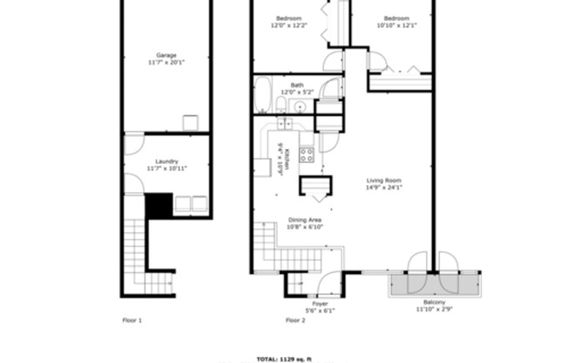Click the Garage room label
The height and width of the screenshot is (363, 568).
[166, 55]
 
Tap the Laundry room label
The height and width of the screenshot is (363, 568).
[166, 161]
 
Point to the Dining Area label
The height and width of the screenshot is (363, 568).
[305, 220]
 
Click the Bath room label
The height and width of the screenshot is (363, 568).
[297, 85]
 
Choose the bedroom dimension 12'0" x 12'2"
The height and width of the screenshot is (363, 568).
[289, 26]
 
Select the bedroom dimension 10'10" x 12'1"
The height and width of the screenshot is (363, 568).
[396, 26]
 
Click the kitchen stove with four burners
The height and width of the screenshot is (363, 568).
[307, 155]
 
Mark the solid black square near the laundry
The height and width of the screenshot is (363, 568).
[158, 206]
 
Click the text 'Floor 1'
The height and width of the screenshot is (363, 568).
[132, 320]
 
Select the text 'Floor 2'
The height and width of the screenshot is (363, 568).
[295, 320]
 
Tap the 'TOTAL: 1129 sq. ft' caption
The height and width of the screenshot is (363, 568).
[284, 359]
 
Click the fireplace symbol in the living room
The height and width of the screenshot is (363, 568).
[314, 186]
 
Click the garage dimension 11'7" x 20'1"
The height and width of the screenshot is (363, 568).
[166, 63]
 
